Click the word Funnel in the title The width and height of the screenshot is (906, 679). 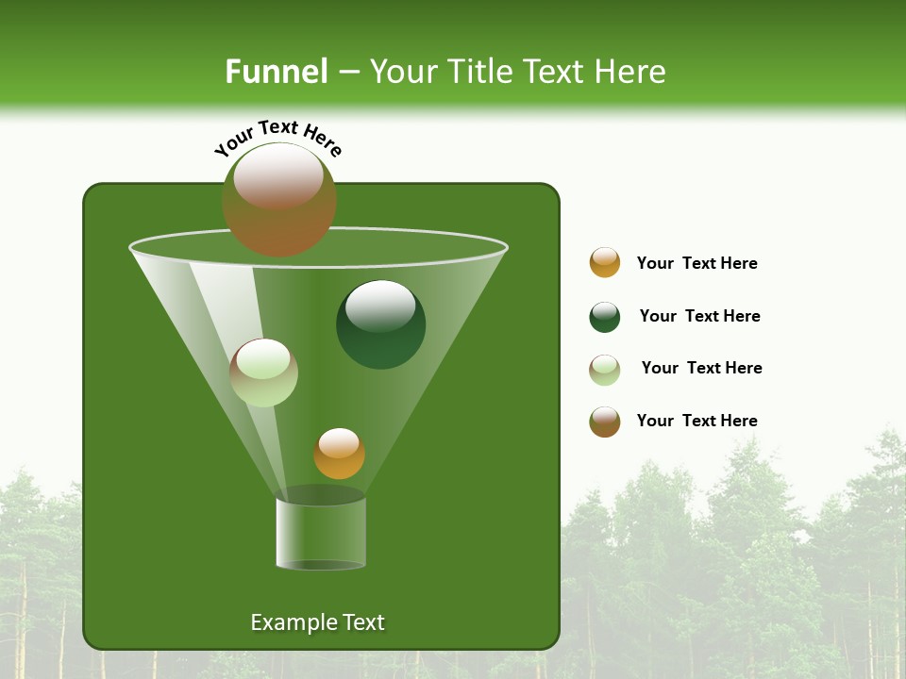tap(276, 72)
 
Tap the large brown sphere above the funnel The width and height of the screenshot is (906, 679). tap(279, 200)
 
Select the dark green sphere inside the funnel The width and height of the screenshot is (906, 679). tap(380, 324)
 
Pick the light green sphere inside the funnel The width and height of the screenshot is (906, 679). tap(263, 373)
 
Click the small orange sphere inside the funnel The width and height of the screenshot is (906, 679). tap(339, 454)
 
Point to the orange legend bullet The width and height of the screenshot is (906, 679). tap(605, 262)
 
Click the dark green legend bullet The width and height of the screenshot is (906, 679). tap(605, 317)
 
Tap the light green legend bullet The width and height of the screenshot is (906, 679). tap(605, 370)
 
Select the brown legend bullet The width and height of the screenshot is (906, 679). tap(605, 422)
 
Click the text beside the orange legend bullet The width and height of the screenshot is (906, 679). tap(696, 263)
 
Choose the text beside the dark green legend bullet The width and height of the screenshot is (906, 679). tap(699, 316)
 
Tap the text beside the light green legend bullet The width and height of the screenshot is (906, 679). tap(701, 368)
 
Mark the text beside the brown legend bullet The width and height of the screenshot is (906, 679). tap(696, 421)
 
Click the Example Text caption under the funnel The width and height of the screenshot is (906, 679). tap(317, 622)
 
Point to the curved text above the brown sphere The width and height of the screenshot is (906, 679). tap(277, 138)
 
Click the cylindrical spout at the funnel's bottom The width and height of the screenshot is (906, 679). tap(320, 533)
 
